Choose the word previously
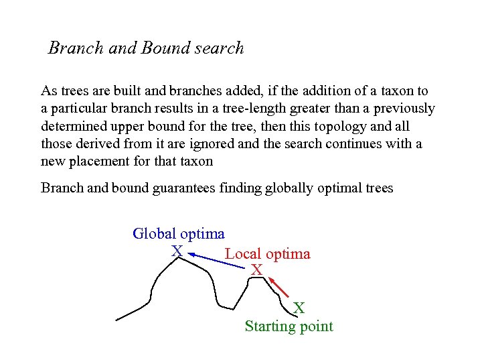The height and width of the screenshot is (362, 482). point(404,108)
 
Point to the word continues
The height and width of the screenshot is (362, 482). point(355,143)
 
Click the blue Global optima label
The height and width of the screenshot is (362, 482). point(179,234)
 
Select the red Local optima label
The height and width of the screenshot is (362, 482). point(267,254)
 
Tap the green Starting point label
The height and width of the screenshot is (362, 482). point(289,326)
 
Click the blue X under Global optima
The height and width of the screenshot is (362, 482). point(176,251)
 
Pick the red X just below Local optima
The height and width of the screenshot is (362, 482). point(256,270)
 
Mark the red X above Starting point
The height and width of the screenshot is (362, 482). point(299,308)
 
